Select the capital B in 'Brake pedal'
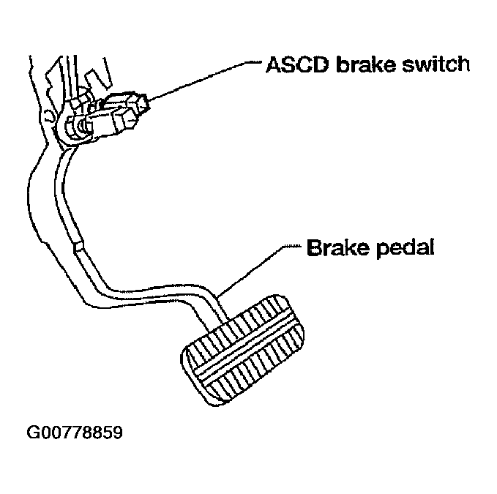[313, 247]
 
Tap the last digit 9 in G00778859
[117, 433]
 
